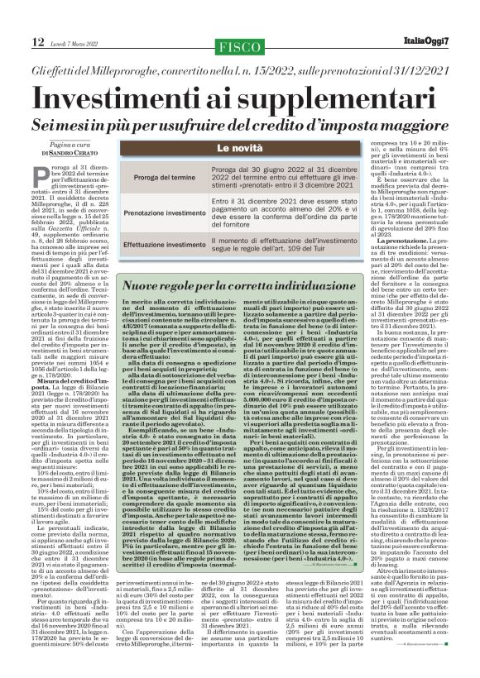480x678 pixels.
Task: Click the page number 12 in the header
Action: click(x=38, y=41)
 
